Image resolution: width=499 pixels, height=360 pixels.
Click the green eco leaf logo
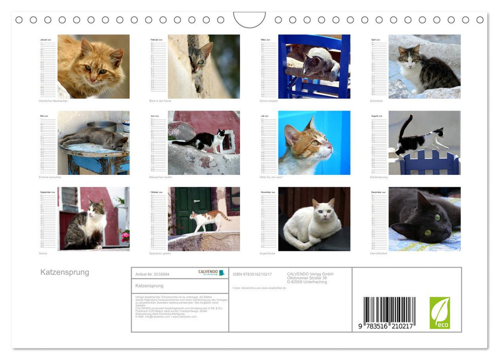pyautogui.click(x=439, y=313)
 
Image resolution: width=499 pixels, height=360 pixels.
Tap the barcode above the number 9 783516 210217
pyautogui.click(x=389, y=310)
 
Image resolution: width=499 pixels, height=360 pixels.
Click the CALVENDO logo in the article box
pyautogui.click(x=211, y=273)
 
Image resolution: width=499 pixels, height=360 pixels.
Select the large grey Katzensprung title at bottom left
pyautogui.click(x=65, y=272)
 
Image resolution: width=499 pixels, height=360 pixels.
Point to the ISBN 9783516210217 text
pyautogui.click(x=252, y=275)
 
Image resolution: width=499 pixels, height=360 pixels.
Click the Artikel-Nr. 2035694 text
pyautogui.click(x=152, y=275)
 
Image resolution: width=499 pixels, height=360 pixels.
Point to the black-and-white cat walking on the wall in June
pyautogui.click(x=202, y=140)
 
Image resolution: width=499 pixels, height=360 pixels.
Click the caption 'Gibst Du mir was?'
pyautogui.click(x=271, y=177)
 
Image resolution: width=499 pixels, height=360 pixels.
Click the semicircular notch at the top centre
pyautogui.click(x=250, y=20)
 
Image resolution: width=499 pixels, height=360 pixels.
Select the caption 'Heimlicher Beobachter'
pyautogui.click(x=53, y=101)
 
